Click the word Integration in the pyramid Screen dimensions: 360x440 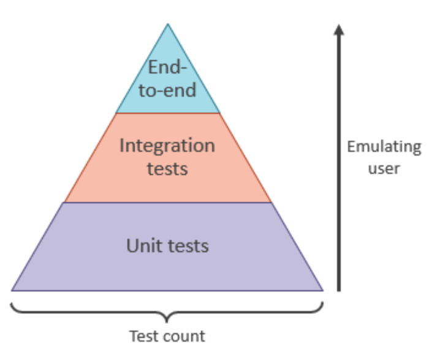(x=167, y=146)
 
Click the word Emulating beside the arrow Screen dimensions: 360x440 (x=384, y=147)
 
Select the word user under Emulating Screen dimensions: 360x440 (x=384, y=168)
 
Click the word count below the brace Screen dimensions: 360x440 (x=185, y=336)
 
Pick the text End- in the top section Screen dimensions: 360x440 (x=167, y=68)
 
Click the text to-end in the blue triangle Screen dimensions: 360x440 (x=167, y=90)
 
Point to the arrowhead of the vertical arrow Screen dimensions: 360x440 (x=338, y=28)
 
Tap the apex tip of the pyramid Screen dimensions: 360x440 (x=167, y=24)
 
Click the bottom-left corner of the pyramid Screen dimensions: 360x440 (x=12, y=290)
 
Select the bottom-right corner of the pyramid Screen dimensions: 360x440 (x=322, y=290)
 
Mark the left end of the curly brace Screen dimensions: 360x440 (x=12, y=302)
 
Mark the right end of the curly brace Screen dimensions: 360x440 (x=322, y=302)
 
